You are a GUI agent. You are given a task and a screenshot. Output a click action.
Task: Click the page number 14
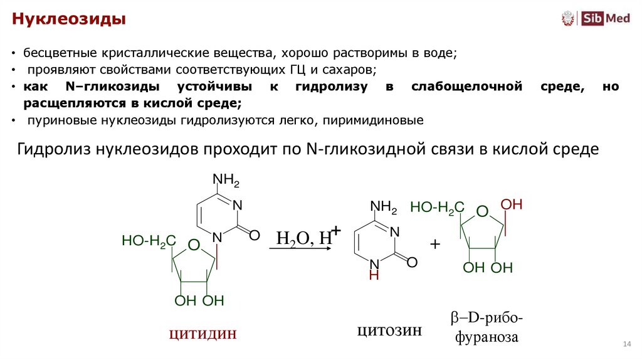[x=626, y=344]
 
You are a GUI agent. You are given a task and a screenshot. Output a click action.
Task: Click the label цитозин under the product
[x=389, y=330]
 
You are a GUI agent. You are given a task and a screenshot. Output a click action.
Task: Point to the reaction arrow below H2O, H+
[x=300, y=249]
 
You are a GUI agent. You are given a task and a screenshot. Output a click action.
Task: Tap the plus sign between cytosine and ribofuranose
[x=435, y=244]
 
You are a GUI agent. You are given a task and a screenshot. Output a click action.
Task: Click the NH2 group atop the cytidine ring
[x=226, y=181]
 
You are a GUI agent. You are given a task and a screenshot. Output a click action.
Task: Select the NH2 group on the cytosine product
[x=384, y=206]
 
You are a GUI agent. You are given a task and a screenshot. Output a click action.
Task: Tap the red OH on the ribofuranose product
[x=512, y=205]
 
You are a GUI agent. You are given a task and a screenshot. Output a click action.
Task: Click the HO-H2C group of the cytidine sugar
[x=149, y=240]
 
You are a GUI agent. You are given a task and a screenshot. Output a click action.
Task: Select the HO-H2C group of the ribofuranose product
[x=437, y=208]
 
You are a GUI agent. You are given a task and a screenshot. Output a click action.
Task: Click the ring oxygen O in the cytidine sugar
[x=194, y=244]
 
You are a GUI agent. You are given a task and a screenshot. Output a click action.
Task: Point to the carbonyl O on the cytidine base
[x=254, y=235]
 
